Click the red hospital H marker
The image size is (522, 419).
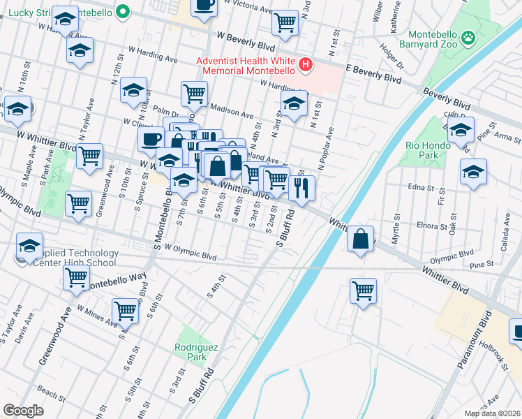click(x=305, y=66)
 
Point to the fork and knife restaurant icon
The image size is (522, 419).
click(x=301, y=187)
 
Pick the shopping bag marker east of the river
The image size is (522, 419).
click(x=360, y=239)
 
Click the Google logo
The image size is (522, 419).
click(x=23, y=410)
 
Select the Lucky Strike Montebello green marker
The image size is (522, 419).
click(x=124, y=12)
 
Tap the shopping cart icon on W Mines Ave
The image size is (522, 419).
click(x=125, y=310)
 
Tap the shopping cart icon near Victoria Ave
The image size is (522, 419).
click(x=285, y=22)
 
